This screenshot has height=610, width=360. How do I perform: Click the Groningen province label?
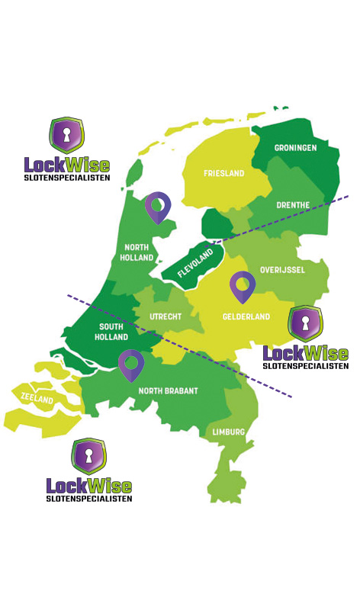click(297, 148)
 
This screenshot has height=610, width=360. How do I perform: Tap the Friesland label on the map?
click(223, 174)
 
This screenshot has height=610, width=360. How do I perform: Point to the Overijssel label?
click(282, 270)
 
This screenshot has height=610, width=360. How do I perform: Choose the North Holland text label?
click(137, 252)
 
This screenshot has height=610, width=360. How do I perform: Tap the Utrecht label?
click(165, 315)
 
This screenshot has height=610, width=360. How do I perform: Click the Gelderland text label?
click(246, 316)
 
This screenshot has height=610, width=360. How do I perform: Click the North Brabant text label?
click(168, 391)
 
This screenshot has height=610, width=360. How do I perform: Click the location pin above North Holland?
click(158, 206)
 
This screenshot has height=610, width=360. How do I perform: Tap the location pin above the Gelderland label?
click(243, 286)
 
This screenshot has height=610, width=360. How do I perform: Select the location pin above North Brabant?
click(131, 364)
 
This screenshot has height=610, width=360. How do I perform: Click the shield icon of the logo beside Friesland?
click(66, 136)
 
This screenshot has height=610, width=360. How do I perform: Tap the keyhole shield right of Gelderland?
click(305, 323)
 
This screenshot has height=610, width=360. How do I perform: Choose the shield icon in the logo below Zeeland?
click(88, 456)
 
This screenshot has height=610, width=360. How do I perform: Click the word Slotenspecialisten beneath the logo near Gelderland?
click(305, 366)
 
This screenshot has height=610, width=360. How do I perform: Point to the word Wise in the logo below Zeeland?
click(108, 486)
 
